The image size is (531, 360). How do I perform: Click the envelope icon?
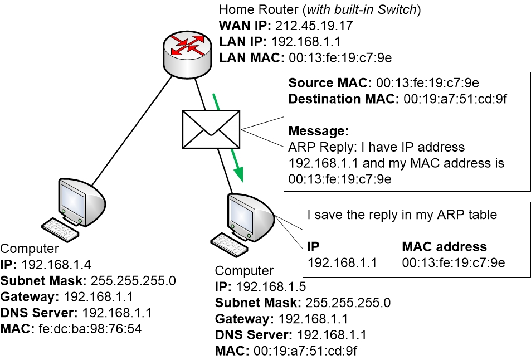point(210,122)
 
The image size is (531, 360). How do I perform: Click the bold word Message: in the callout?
point(318,132)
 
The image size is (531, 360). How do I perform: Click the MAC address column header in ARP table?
point(444,247)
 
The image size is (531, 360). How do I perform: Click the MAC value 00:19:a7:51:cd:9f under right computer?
point(305,351)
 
